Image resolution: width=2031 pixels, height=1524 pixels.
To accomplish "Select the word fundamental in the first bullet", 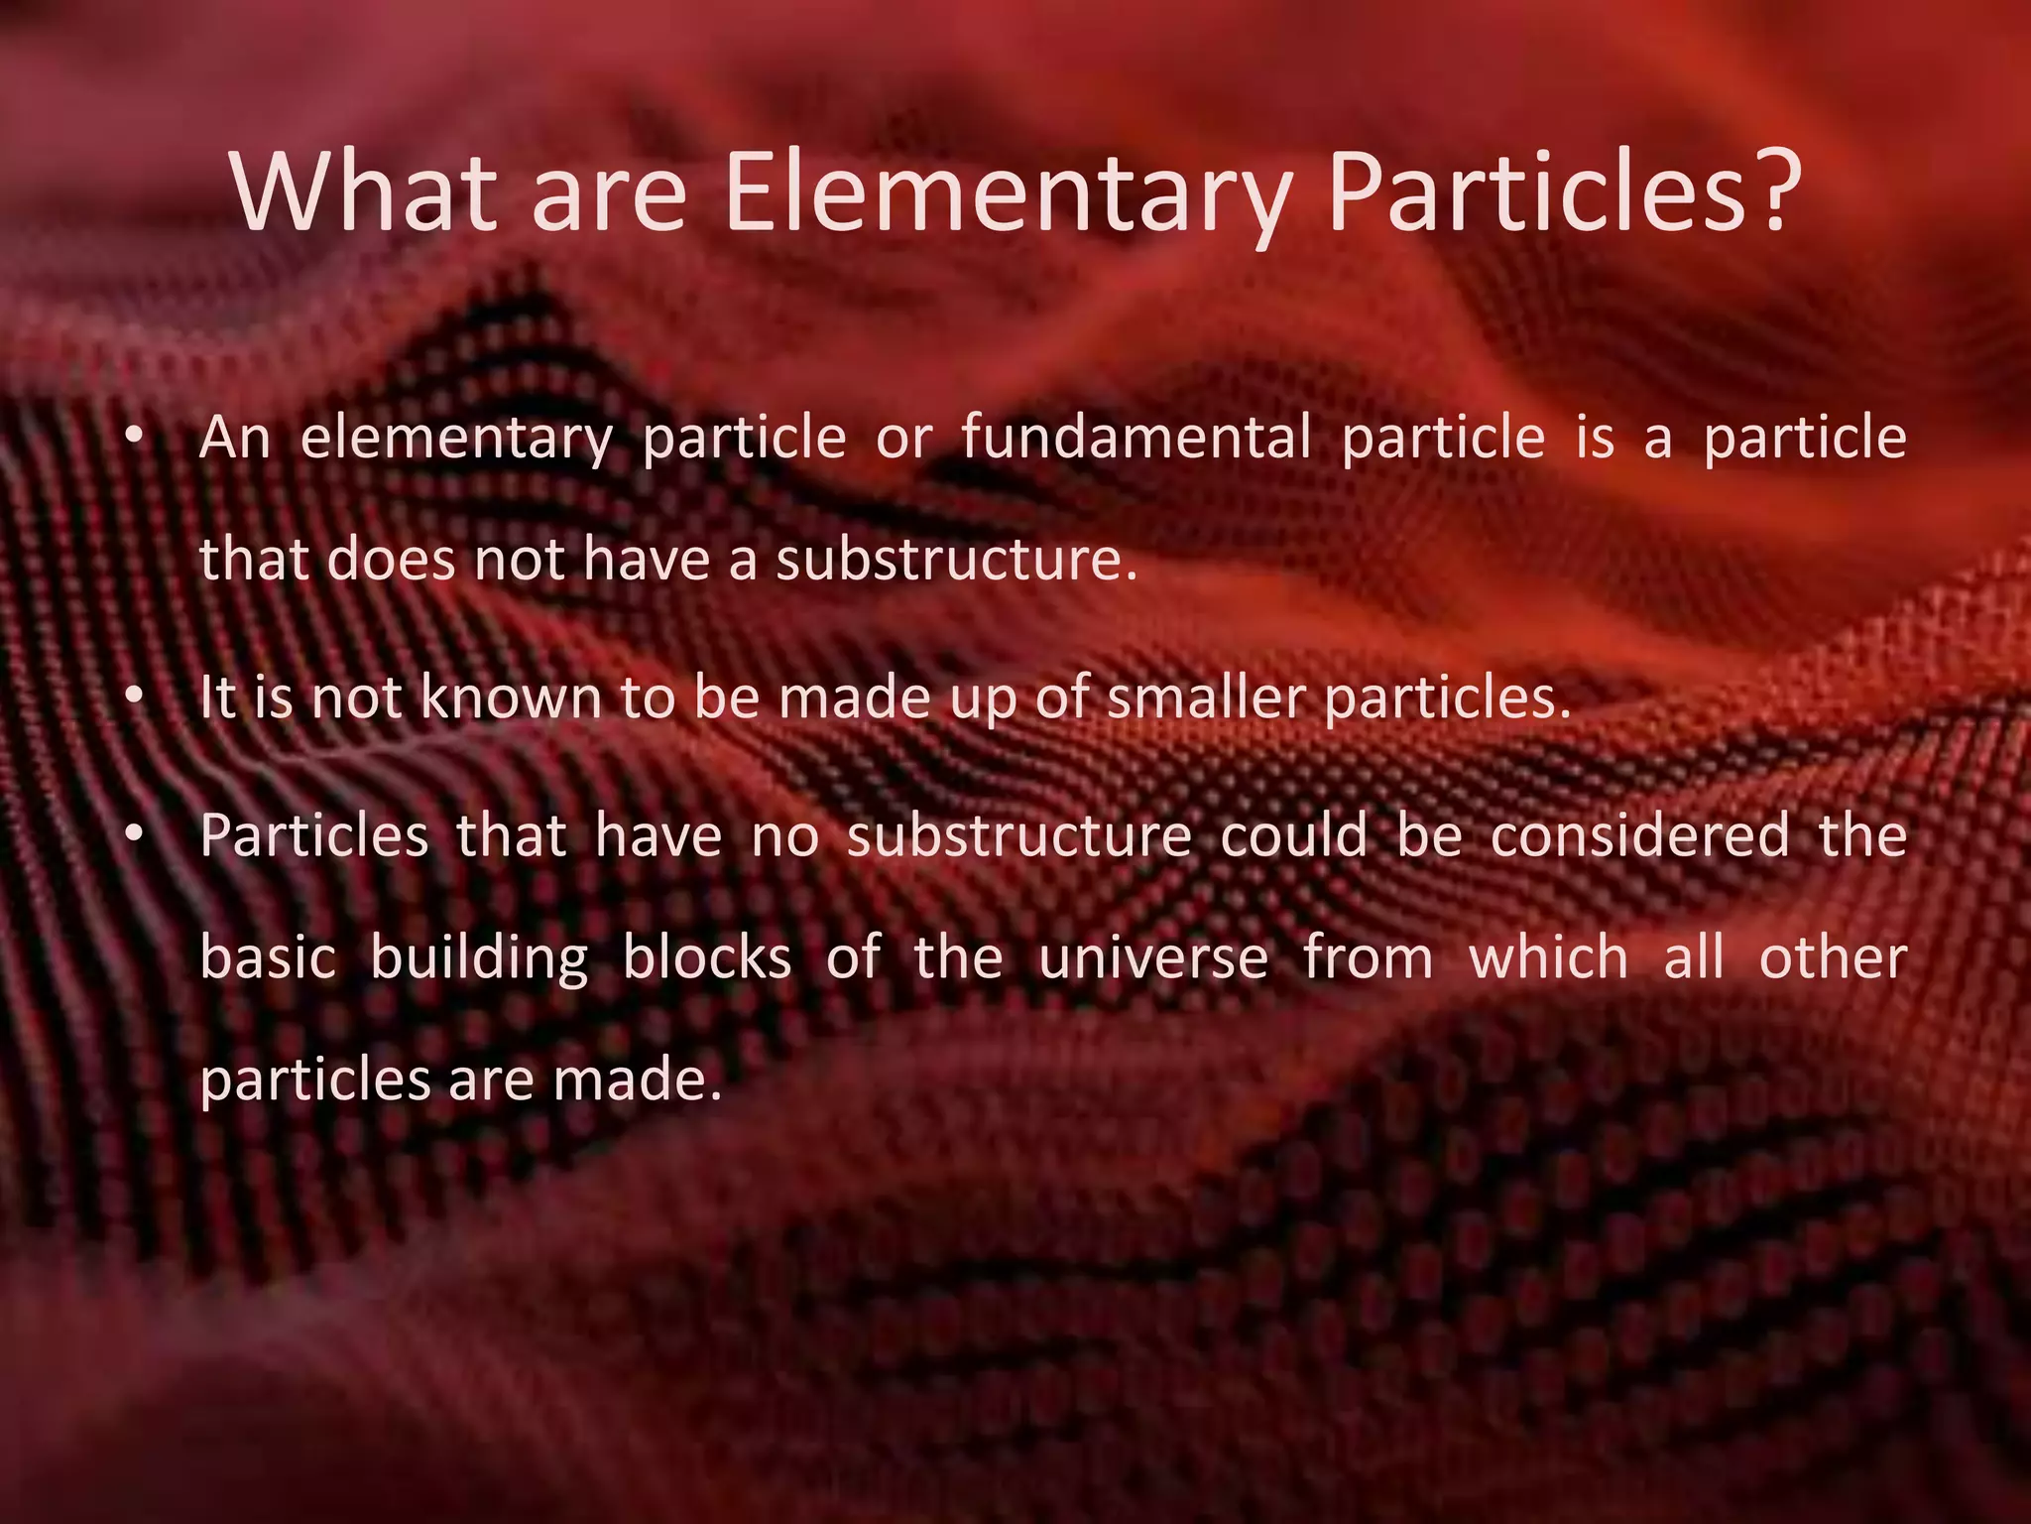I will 1135,438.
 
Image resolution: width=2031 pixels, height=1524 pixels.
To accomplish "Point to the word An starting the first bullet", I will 234,438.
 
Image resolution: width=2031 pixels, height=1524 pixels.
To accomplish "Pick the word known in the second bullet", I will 510,698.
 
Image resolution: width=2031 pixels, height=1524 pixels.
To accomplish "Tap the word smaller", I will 1204,698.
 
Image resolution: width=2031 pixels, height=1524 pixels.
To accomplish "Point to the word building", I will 480,958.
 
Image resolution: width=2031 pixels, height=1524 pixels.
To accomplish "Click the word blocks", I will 707,958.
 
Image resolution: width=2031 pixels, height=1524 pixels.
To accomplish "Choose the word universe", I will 1153,958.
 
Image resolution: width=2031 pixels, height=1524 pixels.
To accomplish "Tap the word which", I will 1548,958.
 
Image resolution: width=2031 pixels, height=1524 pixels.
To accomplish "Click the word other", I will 1833,958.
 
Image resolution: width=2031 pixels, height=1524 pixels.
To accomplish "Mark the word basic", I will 268,958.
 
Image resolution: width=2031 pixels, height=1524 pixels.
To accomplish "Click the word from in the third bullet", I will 1368,958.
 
